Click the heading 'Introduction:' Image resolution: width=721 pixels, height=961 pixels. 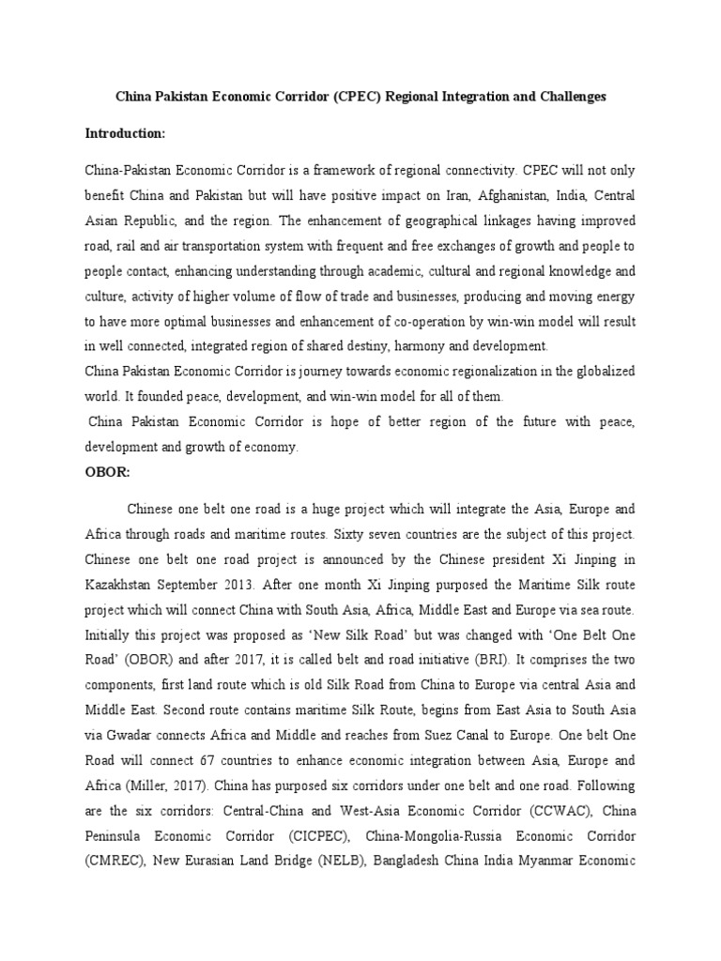click(125, 134)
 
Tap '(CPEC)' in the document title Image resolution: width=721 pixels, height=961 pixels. click(358, 96)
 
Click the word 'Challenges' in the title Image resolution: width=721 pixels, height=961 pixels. click(573, 96)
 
